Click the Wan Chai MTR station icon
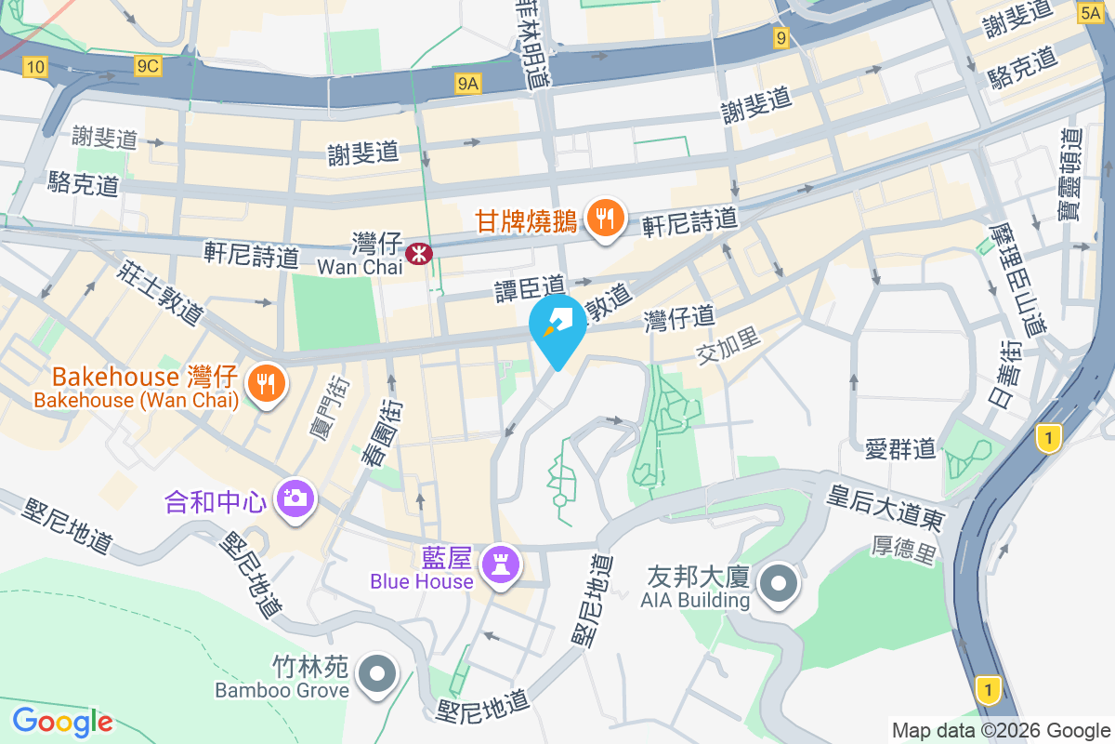(419, 250)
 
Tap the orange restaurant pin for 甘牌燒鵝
(605, 219)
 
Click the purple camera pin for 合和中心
(295, 498)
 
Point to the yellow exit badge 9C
(148, 66)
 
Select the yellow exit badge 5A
(1091, 12)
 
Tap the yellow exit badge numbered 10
(35, 66)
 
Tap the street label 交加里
(728, 348)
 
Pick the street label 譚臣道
(529, 287)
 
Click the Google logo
(62, 721)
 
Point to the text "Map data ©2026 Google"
(1001, 730)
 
